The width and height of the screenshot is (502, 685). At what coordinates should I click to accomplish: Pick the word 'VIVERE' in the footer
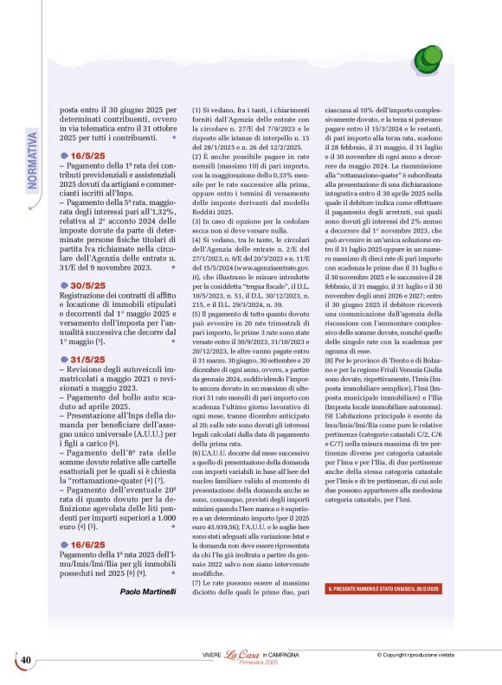212,655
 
